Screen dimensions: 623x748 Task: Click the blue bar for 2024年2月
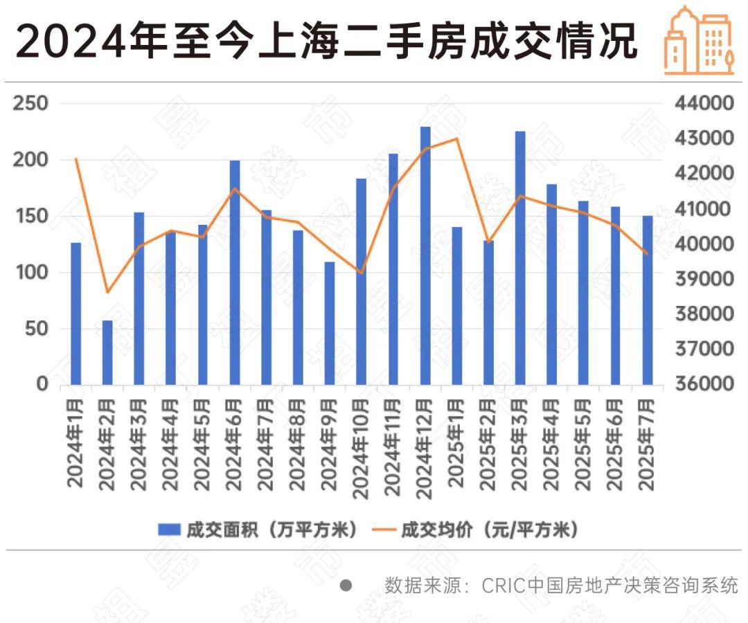(107, 352)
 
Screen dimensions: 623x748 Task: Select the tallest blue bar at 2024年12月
(425, 255)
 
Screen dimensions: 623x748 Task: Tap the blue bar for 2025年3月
(520, 258)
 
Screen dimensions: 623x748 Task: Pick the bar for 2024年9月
(330, 323)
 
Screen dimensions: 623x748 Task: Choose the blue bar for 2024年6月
(235, 272)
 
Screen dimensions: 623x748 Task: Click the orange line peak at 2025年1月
(457, 138)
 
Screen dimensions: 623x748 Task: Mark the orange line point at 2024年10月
(362, 273)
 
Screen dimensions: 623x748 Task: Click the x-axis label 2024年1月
(75, 443)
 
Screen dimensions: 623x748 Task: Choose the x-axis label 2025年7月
(647, 443)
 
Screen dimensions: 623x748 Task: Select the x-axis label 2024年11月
(393, 446)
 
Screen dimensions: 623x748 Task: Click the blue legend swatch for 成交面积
(169, 530)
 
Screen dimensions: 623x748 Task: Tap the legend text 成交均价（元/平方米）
(489, 530)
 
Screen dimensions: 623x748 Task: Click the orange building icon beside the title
(699, 40)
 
